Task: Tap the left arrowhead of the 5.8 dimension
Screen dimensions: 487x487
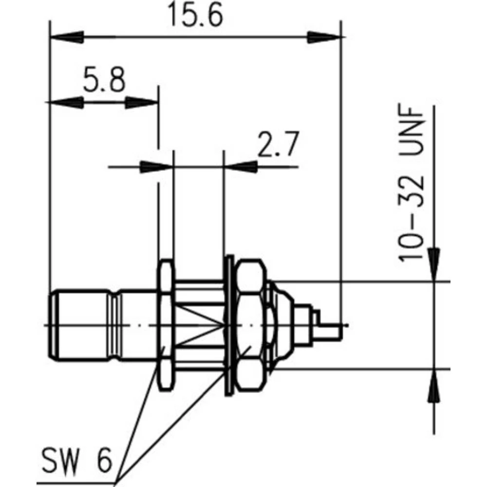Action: pos(66,102)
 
